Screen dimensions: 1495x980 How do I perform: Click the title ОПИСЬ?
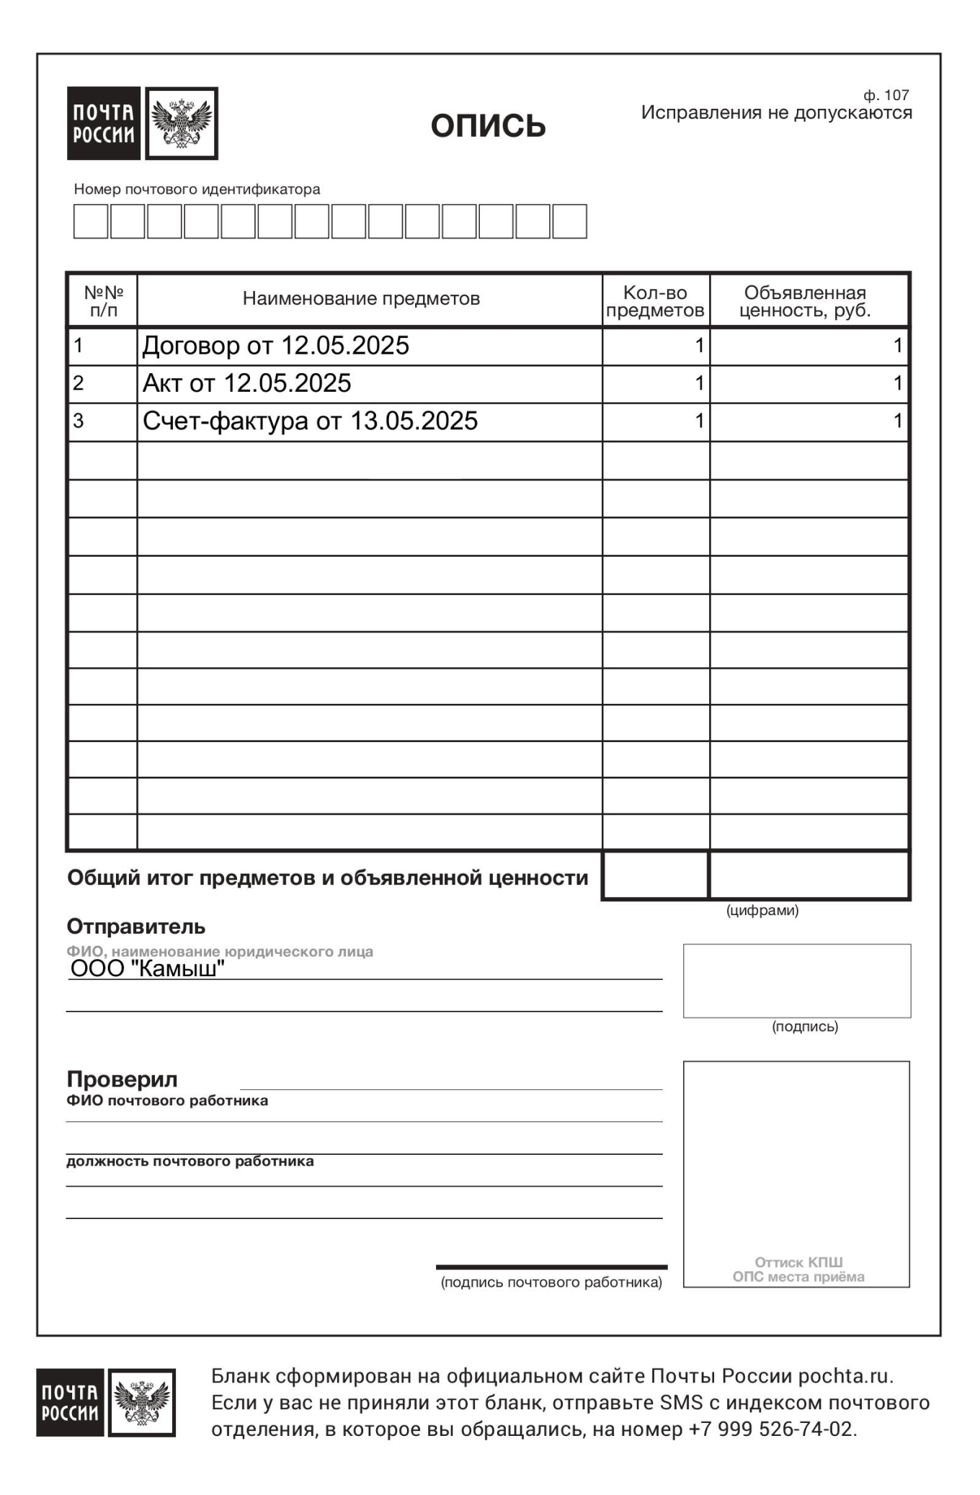(x=488, y=126)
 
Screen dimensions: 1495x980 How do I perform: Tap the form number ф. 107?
(x=886, y=95)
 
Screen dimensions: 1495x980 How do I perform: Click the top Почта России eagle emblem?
(x=182, y=123)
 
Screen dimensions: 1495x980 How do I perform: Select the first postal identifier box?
(x=91, y=221)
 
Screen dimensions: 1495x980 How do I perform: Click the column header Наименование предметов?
(x=361, y=299)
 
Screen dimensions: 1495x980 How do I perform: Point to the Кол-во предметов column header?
(x=655, y=301)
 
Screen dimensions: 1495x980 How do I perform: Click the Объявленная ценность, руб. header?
(x=805, y=301)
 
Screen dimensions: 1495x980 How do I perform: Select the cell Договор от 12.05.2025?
(x=276, y=346)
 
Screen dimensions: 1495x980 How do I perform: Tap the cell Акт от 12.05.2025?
(x=247, y=383)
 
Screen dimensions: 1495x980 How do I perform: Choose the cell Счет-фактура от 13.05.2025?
(x=310, y=421)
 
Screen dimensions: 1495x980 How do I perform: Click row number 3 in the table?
(x=79, y=421)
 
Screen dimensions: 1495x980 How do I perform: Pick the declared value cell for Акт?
(x=808, y=383)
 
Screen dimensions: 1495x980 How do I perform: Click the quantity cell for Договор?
(x=656, y=346)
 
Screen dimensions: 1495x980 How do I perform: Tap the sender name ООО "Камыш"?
(x=148, y=968)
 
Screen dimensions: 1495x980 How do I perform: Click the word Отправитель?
(x=136, y=926)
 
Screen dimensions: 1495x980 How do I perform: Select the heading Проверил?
(x=122, y=1079)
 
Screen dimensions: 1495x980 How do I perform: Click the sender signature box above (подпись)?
(x=796, y=981)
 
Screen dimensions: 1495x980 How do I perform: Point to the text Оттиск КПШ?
(x=798, y=1262)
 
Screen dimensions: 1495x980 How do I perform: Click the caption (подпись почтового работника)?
(x=551, y=1282)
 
